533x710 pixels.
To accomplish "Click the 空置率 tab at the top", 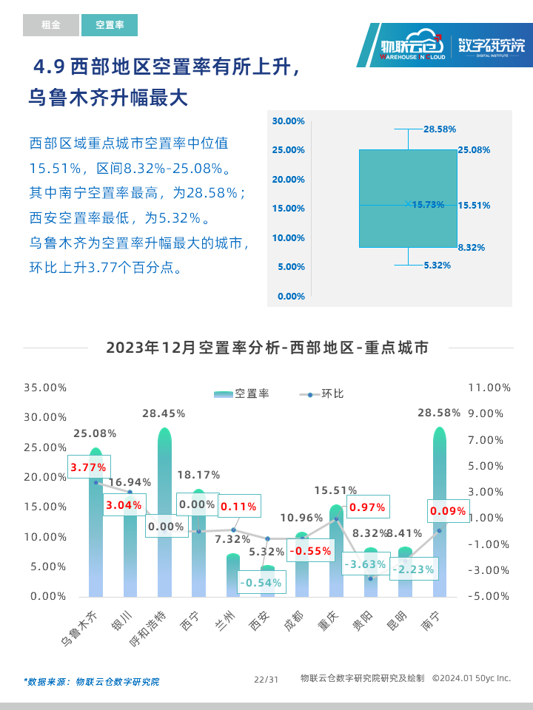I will pyautogui.click(x=110, y=25).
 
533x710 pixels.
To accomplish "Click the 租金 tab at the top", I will pyautogui.click(x=50, y=25).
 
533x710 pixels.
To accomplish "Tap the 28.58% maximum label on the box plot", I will pyautogui.click(x=440, y=129).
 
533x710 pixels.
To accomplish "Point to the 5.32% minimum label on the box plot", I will pyautogui.click(x=437, y=265).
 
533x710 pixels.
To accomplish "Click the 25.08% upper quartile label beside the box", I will pyautogui.click(x=474, y=150).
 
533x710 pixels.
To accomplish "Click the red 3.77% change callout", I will pyautogui.click(x=88, y=467).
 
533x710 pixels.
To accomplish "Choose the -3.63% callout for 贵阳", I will pyautogui.click(x=364, y=564).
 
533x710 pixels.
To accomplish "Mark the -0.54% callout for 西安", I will pyautogui.click(x=260, y=583).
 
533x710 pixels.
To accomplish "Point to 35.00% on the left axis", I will pyautogui.click(x=45, y=388).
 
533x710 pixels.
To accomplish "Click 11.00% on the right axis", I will pyautogui.click(x=489, y=388).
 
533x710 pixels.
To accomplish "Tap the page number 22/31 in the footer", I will pyautogui.click(x=266, y=679).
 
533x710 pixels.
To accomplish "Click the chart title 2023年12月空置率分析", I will pyautogui.click(x=266, y=348).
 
